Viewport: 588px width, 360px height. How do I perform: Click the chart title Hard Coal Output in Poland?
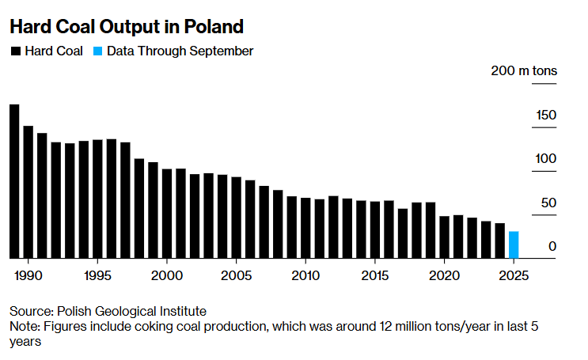(126, 26)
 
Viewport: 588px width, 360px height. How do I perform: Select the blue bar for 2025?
(514, 244)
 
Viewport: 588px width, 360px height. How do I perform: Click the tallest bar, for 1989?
(14, 181)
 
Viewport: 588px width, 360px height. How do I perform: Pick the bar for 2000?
(167, 213)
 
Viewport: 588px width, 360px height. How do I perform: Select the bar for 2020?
(444, 237)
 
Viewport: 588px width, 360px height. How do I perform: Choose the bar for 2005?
(236, 218)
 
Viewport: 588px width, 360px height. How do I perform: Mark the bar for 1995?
(97, 199)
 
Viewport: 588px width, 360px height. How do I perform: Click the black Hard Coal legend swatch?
(15, 51)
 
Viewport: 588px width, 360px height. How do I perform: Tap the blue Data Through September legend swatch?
(97, 51)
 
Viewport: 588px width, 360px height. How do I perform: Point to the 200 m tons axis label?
(523, 71)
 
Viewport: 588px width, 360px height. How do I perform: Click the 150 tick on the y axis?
(546, 116)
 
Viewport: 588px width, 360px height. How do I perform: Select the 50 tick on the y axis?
(549, 203)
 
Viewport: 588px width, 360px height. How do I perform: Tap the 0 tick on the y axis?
(552, 247)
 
